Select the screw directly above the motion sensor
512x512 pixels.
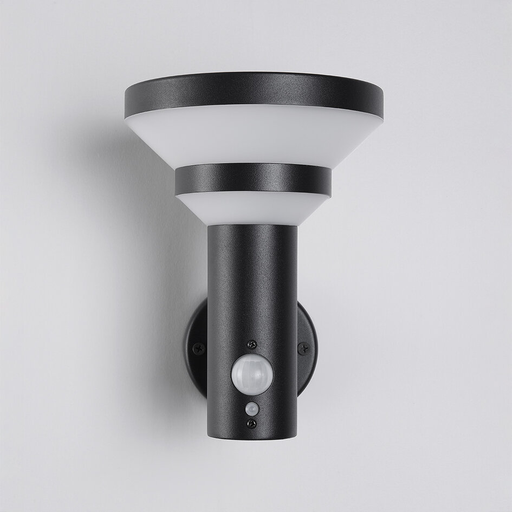point(251,345)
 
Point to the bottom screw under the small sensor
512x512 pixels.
point(251,424)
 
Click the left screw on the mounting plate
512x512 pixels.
point(198,348)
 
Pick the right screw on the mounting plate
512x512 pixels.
point(303,346)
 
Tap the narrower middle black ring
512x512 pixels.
point(254,178)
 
